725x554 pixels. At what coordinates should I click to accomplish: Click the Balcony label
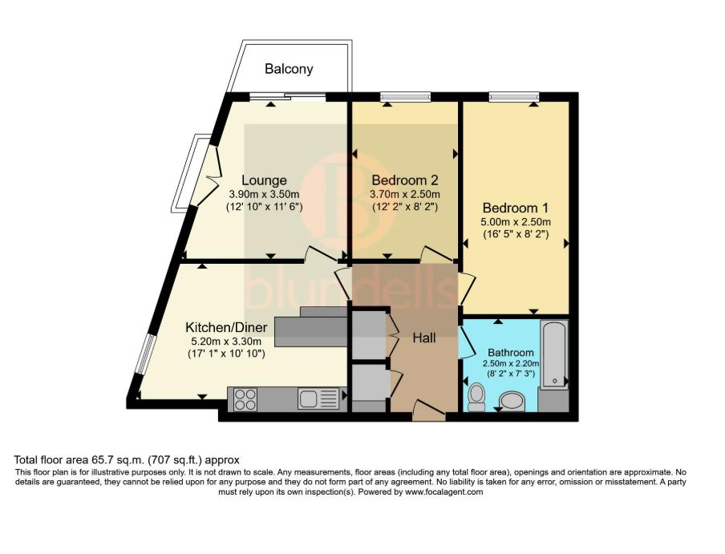coord(289,69)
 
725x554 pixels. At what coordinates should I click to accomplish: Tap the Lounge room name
coord(264,180)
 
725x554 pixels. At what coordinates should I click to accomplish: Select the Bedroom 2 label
coord(404,180)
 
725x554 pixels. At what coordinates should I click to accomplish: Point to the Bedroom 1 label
coord(516,208)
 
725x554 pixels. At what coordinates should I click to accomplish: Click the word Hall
coord(424,338)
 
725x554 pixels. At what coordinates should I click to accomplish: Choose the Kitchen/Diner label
coord(226,328)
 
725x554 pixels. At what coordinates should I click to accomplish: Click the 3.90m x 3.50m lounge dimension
coord(264,195)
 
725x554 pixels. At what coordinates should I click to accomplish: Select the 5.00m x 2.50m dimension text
coord(516,222)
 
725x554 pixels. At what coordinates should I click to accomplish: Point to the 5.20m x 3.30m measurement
coord(226,342)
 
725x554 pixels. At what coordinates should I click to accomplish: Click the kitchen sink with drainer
coord(318,399)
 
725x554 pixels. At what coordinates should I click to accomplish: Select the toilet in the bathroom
coord(476,398)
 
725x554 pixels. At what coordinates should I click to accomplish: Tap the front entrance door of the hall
coord(430,411)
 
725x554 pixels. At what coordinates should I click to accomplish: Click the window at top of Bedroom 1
coord(514,96)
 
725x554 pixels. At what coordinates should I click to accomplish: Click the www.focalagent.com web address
coord(444,492)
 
